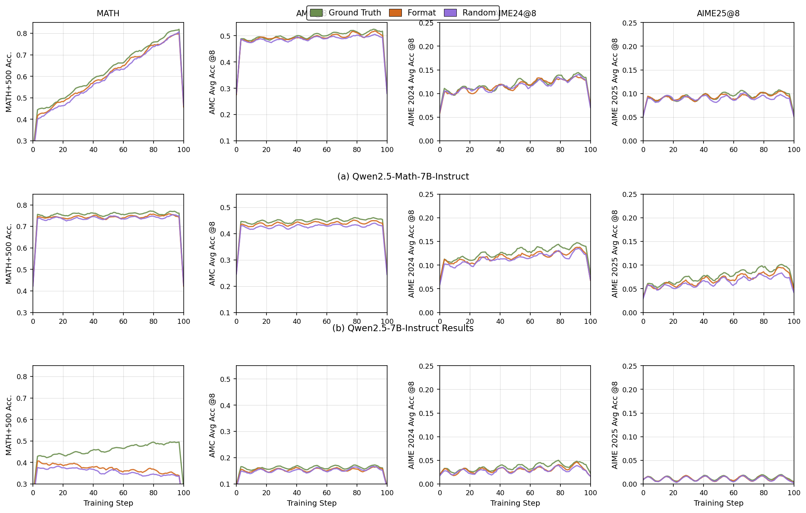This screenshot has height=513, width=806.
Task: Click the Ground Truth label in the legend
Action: click(x=355, y=13)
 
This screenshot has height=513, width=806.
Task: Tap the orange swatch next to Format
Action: click(x=395, y=13)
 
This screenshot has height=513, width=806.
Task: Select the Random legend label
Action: click(x=479, y=13)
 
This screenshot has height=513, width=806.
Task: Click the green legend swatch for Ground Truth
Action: click(x=316, y=13)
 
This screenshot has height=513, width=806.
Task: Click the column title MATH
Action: click(x=108, y=14)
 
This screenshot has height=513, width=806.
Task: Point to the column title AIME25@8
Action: click(x=718, y=14)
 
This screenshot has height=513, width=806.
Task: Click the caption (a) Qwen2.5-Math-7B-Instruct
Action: click(x=403, y=177)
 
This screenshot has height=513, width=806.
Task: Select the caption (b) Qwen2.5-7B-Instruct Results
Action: click(x=403, y=328)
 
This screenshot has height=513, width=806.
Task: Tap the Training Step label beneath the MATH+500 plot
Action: click(x=108, y=503)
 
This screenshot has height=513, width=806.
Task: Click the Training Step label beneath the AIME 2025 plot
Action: click(x=718, y=503)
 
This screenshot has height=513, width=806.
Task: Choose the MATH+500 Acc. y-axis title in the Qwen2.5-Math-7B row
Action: click(x=9, y=82)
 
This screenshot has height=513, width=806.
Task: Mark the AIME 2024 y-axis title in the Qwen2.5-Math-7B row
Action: click(x=412, y=82)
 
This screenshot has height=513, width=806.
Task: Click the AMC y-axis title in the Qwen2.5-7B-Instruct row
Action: click(x=212, y=253)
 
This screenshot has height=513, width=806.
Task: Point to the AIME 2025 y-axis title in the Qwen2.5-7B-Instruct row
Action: click(x=615, y=253)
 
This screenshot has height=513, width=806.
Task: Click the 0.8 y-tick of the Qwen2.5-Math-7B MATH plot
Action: click(x=22, y=34)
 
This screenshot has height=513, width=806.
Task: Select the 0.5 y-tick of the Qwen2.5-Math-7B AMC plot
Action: click(x=225, y=36)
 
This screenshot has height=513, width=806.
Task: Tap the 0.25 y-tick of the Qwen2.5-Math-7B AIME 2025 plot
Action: click(x=629, y=23)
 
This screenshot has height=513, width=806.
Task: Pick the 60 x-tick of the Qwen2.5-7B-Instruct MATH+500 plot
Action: click(x=123, y=321)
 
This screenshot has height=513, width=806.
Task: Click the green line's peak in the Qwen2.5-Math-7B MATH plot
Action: click(x=179, y=29)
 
